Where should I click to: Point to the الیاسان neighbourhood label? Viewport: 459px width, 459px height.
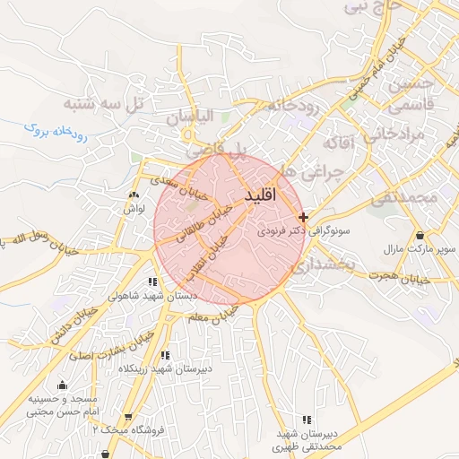pyautogui.click(x=189, y=118)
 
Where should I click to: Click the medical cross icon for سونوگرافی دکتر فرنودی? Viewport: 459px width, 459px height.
pyautogui.click(x=304, y=217)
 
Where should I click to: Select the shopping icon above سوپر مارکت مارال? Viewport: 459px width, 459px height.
pyautogui.click(x=420, y=235)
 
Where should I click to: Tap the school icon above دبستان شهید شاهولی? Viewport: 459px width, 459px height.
pyautogui.click(x=151, y=281)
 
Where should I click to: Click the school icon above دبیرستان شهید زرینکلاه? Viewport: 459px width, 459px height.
pyautogui.click(x=164, y=355)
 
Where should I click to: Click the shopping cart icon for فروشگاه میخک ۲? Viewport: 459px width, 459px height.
pyautogui.click(x=129, y=417)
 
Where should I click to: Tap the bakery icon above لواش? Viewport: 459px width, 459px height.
pyautogui.click(x=134, y=195)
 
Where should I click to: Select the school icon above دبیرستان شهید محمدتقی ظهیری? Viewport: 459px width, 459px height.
pyautogui.click(x=307, y=419)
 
